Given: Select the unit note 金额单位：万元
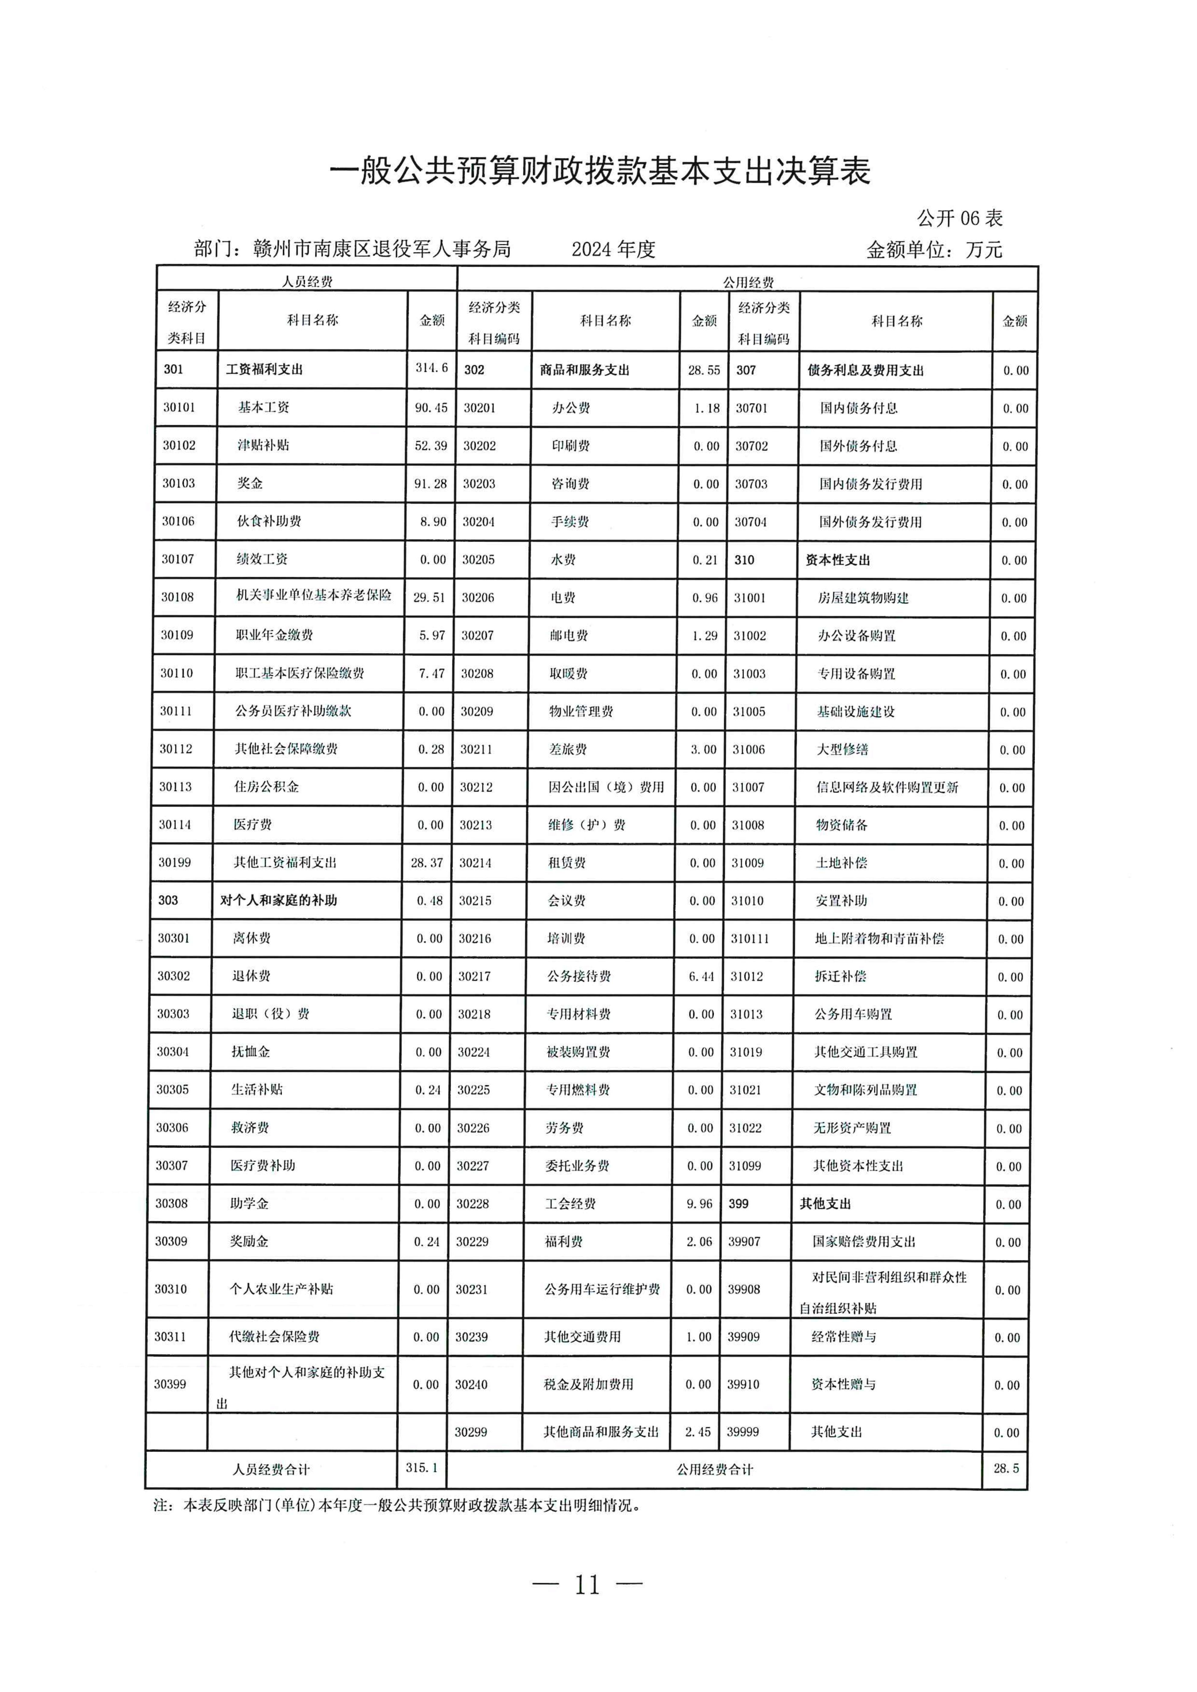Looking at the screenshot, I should pos(934,250).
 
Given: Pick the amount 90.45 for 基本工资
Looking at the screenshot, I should pos(430,407).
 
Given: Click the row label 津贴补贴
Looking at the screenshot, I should pos(263,445).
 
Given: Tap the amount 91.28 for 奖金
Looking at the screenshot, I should pos(430,483).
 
